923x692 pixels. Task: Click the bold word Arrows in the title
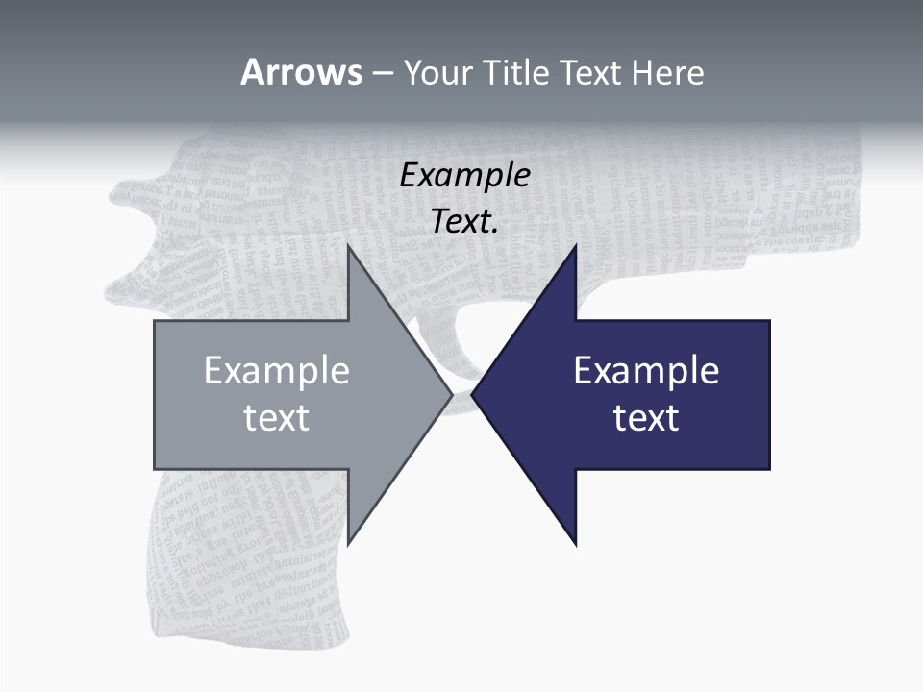pyautogui.click(x=301, y=72)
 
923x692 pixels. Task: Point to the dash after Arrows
pyautogui.click(x=382, y=73)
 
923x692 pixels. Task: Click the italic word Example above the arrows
pyautogui.click(x=464, y=176)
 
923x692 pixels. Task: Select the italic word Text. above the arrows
pyautogui.click(x=464, y=221)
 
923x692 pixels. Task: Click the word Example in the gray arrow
pyautogui.click(x=277, y=371)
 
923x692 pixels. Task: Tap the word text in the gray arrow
pyautogui.click(x=277, y=417)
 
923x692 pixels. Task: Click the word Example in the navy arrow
pyautogui.click(x=646, y=371)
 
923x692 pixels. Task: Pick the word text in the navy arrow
pyautogui.click(x=646, y=417)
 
